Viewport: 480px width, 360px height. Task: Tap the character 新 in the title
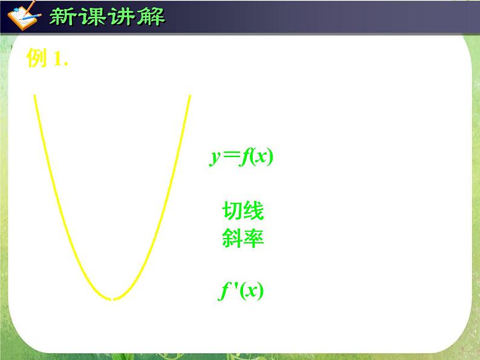click(x=63, y=16)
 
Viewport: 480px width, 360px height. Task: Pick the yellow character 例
click(x=37, y=59)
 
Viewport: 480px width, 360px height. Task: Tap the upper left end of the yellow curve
click(x=34, y=95)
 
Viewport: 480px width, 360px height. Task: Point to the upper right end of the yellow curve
click(x=190, y=95)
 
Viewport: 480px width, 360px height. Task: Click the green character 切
click(x=232, y=211)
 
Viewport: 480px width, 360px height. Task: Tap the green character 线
click(x=254, y=211)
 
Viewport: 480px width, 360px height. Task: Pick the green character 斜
click(x=232, y=239)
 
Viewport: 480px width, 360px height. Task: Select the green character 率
click(x=254, y=239)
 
